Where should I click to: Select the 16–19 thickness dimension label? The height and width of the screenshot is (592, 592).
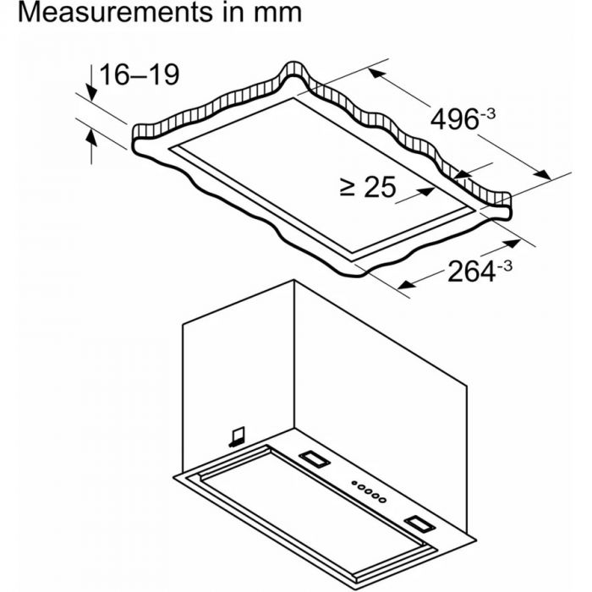coord(139,74)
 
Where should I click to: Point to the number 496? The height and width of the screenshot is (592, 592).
coord(454,120)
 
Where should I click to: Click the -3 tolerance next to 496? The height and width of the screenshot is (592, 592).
coord(487,113)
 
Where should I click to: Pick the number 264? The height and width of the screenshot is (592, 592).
coord(471,271)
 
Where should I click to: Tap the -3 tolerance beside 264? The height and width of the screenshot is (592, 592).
coord(504,266)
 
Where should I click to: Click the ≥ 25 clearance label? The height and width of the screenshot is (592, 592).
coord(367,187)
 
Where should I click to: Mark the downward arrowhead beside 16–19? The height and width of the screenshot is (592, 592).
coord(91,92)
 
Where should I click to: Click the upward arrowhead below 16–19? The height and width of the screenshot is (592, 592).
coord(91,137)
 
